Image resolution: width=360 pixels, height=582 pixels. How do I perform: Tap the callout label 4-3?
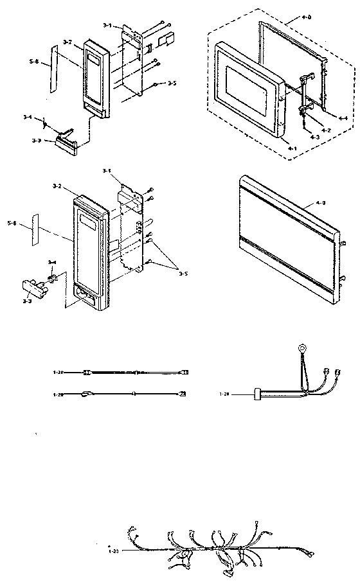tap(314, 137)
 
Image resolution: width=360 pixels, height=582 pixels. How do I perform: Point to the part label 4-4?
tap(343, 118)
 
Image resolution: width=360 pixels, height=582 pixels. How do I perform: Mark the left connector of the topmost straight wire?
tap(89, 372)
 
